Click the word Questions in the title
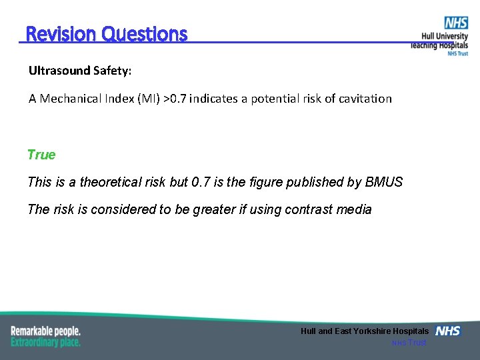(145, 34)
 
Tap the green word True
(41, 155)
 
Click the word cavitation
(365, 99)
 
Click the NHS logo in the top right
(456, 23)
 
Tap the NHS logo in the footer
(448, 331)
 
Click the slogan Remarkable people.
(45, 331)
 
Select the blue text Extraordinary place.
(45, 342)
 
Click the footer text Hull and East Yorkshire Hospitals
(365, 331)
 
